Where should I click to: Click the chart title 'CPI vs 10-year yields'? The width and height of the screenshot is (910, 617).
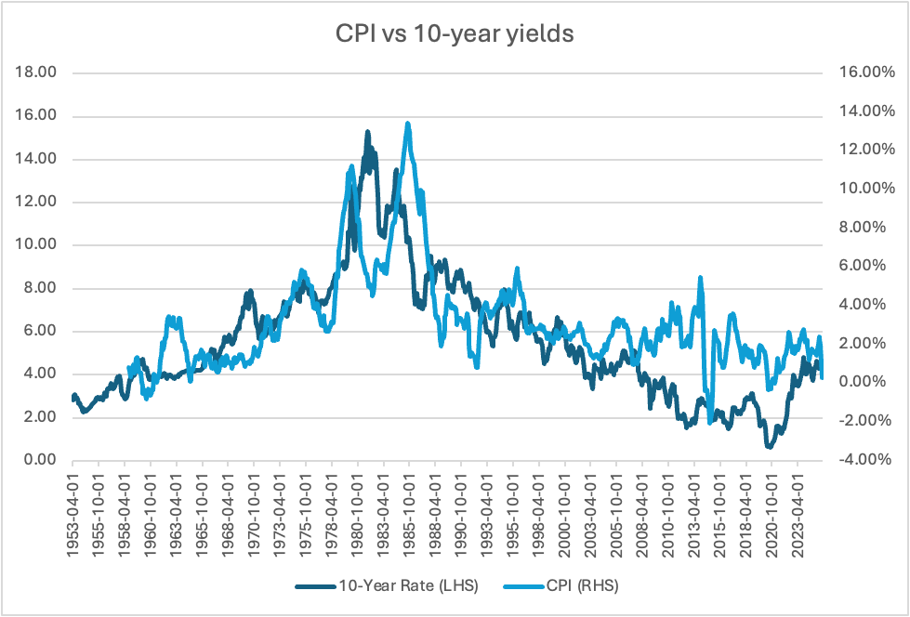(x=455, y=35)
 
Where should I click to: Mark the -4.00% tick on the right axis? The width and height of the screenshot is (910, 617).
(x=856, y=460)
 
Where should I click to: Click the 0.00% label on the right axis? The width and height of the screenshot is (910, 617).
(x=859, y=382)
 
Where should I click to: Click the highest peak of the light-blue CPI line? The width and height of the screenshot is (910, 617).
(x=407, y=123)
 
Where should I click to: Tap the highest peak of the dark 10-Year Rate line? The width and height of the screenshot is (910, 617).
(x=367, y=131)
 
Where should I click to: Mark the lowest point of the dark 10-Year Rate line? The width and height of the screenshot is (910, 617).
(x=770, y=447)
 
